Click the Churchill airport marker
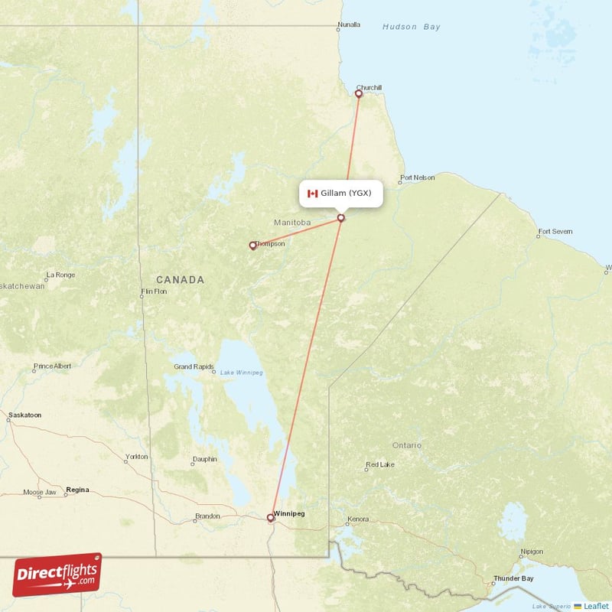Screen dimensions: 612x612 358,94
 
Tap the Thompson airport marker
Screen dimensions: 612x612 252,246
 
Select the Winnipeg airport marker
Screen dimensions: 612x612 270,518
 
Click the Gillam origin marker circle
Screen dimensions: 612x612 340,218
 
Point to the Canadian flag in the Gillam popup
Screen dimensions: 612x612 312,194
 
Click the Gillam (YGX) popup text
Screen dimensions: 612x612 346,194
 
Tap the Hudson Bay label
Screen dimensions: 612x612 411,27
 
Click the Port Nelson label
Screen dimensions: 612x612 417,177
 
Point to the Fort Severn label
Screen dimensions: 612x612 555,231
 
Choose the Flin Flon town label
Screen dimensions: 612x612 154,291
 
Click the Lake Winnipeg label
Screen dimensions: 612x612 241,373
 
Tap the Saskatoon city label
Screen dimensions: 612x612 24,415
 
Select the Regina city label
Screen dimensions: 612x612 77,489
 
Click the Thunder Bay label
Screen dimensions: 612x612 513,578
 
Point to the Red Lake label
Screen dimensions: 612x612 380,464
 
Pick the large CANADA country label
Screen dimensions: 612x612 180,279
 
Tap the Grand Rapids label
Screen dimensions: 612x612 194,366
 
